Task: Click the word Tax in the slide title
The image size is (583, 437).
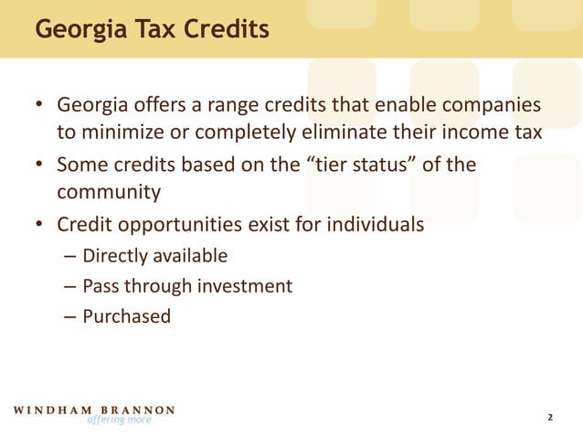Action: click(x=150, y=29)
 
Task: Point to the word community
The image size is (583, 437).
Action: click(x=109, y=193)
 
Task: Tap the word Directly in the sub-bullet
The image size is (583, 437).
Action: click(x=115, y=255)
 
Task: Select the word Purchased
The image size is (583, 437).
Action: click(x=127, y=317)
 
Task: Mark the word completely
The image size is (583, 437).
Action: click(x=237, y=133)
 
